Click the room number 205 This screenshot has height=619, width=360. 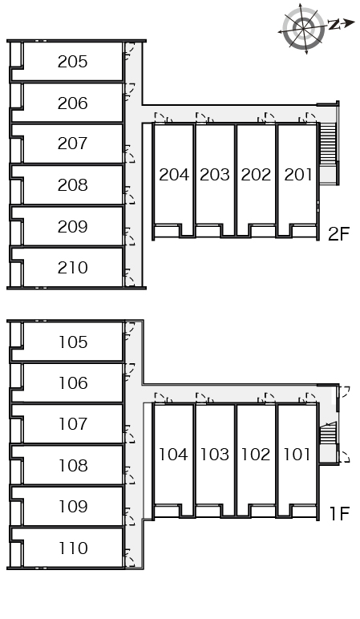tap(72, 62)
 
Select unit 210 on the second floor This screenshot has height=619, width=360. tap(72, 268)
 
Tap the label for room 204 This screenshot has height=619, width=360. tap(174, 175)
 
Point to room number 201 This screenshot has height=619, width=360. tap(298, 175)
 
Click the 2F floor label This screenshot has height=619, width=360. tap(338, 234)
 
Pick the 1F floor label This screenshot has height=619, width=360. tap(339, 514)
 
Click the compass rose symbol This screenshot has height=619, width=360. tap(304, 27)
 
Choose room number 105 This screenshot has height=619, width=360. tap(73, 342)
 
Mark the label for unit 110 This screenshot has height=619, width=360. tap(73, 548)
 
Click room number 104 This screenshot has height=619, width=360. tap(173, 455)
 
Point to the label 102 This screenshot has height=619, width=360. tap(256, 455)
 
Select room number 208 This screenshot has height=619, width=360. tap(72, 185)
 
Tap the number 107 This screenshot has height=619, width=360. tap(73, 424)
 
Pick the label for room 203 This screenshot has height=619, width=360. tap(214, 175)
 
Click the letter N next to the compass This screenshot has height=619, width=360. tap(334, 25)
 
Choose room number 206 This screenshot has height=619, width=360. tap(72, 103)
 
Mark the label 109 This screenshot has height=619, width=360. tap(73, 507)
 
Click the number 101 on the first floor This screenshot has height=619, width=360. tap(297, 455)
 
